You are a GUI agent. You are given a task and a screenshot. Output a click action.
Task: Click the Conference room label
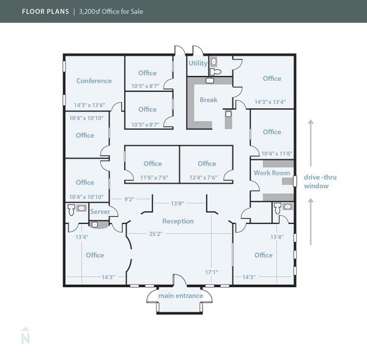[94, 81]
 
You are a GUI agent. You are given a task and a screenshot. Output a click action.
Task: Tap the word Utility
[198, 63]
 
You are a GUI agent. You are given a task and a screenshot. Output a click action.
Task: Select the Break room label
[209, 100]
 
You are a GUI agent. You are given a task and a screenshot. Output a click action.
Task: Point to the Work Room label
[272, 173]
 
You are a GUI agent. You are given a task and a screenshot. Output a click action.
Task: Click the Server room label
[100, 212]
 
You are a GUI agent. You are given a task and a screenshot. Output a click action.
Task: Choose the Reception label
[178, 221]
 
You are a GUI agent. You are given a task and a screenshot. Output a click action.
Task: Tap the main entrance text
[180, 296]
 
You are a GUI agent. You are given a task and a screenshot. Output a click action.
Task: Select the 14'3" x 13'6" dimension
[89, 105]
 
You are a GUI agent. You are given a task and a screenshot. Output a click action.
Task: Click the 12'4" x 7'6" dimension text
[207, 178]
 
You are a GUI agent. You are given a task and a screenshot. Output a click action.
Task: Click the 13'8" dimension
[177, 203]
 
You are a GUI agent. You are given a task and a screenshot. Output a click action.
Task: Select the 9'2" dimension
[130, 199]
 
